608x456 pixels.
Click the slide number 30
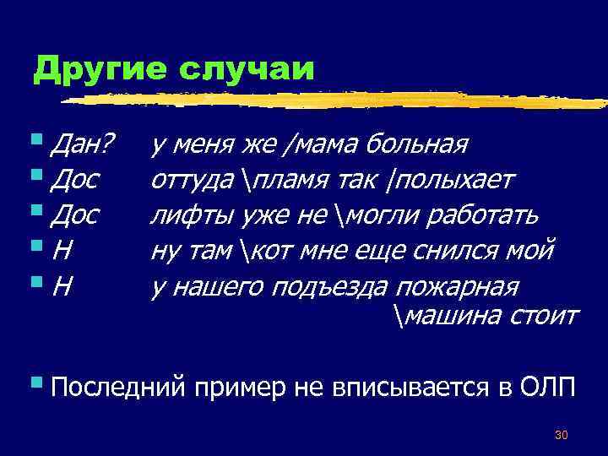(561, 435)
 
